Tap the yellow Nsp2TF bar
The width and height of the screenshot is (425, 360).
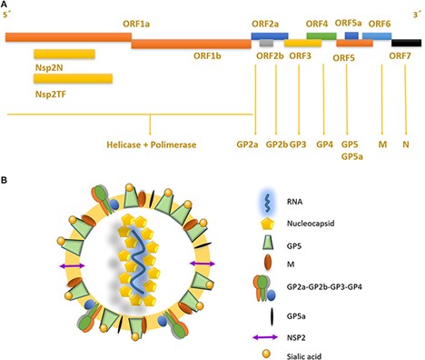[73, 79]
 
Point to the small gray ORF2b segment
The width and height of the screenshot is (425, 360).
[265, 43]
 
